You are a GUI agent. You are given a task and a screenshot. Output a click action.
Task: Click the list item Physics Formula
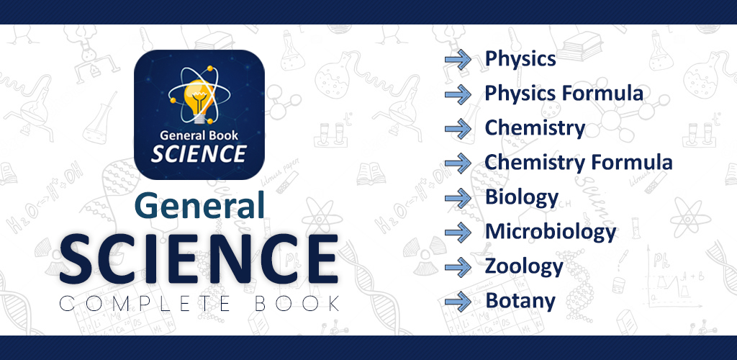coord(564,94)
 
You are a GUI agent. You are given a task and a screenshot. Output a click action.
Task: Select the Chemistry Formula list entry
coord(579,163)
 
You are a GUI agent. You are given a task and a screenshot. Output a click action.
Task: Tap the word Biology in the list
coord(522,198)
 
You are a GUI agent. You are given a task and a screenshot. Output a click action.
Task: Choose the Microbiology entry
coord(551,232)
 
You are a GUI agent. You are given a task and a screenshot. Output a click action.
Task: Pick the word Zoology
coord(524,267)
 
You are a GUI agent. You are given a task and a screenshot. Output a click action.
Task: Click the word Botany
coord(520,301)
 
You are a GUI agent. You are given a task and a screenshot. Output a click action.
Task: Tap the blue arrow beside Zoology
coord(458,267)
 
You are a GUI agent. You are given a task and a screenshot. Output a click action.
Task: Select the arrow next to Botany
coord(458,301)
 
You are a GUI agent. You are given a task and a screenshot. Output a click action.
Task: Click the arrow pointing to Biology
coord(458,198)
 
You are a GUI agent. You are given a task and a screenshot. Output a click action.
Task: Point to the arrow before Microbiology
coord(458,232)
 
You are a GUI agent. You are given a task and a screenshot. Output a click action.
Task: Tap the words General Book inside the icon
coord(199,136)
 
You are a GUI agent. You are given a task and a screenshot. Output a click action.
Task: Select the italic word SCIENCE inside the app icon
coord(199,153)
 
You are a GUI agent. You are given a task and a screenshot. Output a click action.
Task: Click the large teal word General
coord(199,206)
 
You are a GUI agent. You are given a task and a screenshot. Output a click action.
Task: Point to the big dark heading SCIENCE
coord(199,259)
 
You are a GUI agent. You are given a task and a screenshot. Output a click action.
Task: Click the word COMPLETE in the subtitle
coord(145,304)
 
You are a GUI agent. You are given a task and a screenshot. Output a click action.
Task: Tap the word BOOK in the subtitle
coord(297,304)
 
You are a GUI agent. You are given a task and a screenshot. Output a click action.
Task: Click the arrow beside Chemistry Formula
coord(458,163)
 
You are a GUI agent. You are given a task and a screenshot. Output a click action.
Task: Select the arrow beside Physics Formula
coord(458,94)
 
